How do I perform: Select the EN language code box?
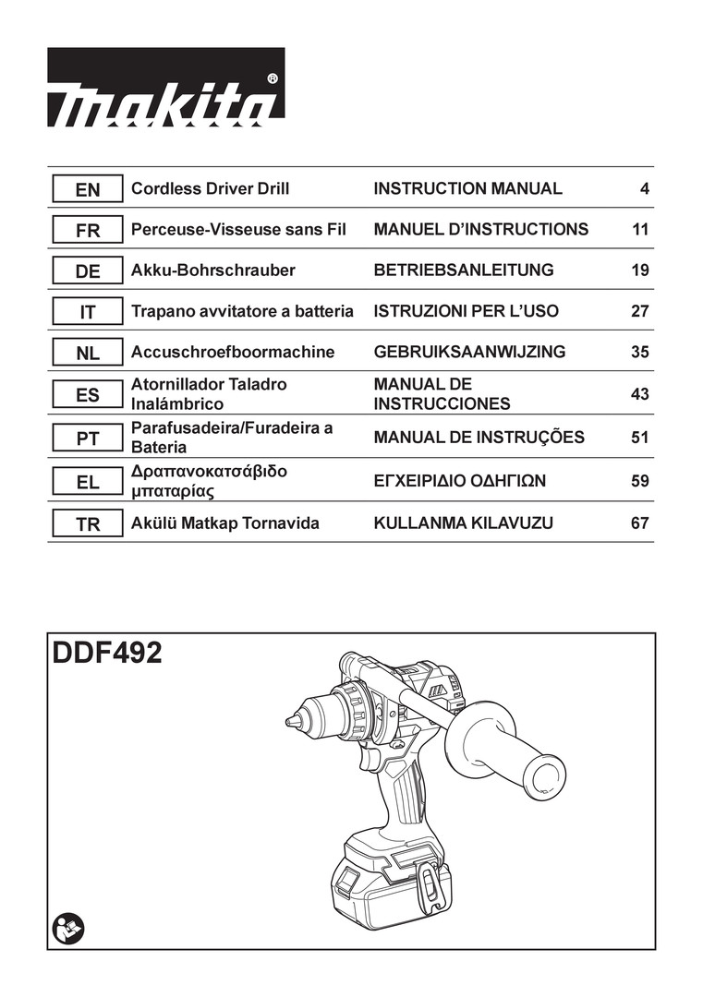click(x=88, y=189)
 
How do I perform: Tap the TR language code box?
click(x=88, y=524)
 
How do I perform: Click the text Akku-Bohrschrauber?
click(x=213, y=270)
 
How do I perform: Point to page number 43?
click(x=639, y=394)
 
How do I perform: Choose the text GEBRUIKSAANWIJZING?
click(x=469, y=352)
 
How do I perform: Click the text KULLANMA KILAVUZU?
click(x=464, y=523)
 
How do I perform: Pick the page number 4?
click(x=645, y=189)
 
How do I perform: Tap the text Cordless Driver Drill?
click(x=211, y=189)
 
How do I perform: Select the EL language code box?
click(x=88, y=481)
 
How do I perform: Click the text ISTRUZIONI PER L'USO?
click(x=466, y=311)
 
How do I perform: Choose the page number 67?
click(x=639, y=523)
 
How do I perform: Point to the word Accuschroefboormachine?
click(x=233, y=352)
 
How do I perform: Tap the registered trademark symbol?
click(x=272, y=79)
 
